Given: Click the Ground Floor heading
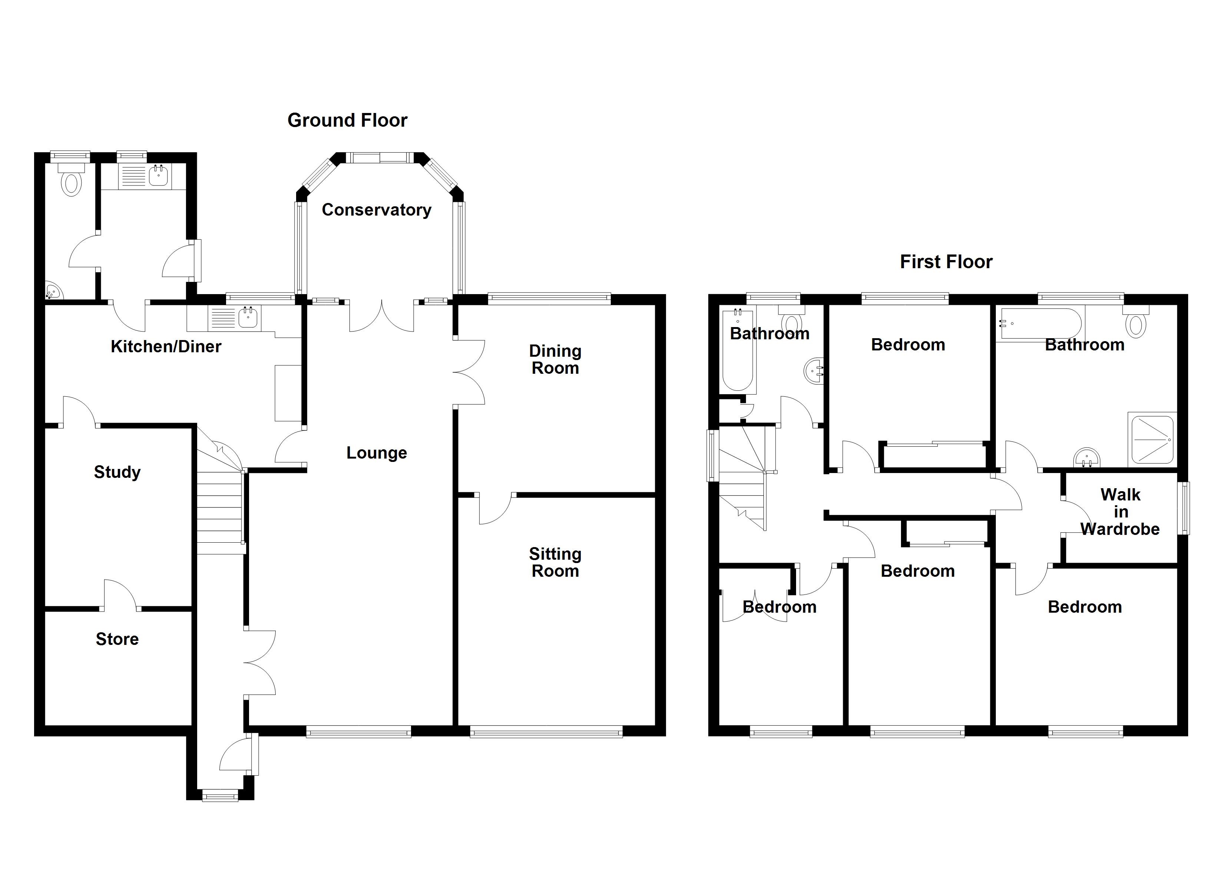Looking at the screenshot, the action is tap(347, 120).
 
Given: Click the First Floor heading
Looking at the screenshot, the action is tap(947, 262).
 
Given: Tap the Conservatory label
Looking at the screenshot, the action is tap(377, 210).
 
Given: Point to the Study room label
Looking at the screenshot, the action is tap(117, 472).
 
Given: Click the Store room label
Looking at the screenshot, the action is tap(117, 639).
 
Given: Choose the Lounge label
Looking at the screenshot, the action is tap(377, 453).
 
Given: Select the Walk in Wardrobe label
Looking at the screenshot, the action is tap(1120, 512).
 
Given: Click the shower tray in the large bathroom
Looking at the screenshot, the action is tap(1152, 440).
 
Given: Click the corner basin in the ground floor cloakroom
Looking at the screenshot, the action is tap(53, 292).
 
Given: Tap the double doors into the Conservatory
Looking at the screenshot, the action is tap(382, 316).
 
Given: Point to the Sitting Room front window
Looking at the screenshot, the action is tap(546, 732).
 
